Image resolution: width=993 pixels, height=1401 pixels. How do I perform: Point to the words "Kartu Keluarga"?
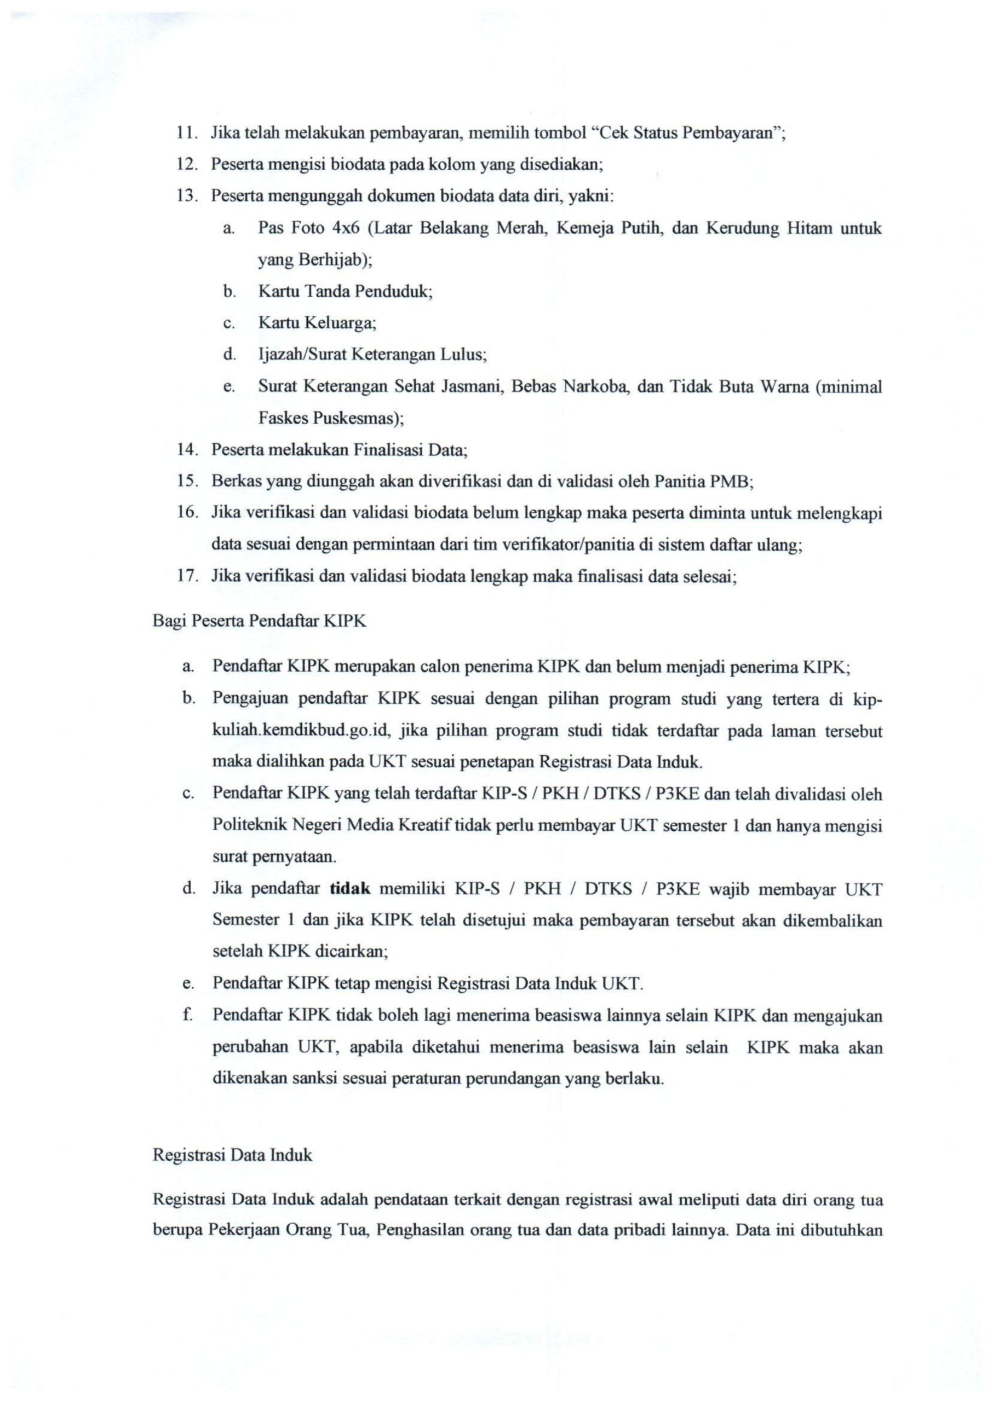[x=315, y=323]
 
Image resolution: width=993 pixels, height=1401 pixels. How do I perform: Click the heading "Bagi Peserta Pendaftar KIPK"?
[x=259, y=621]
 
